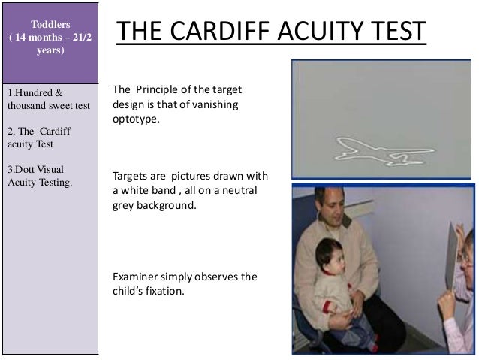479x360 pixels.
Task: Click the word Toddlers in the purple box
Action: tap(49, 14)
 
